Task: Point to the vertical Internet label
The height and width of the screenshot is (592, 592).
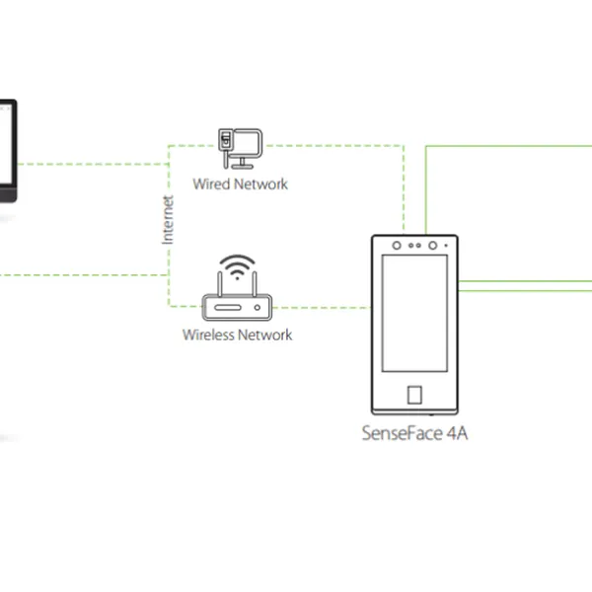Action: pyautogui.click(x=168, y=220)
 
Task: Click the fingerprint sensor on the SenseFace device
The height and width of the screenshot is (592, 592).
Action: pyautogui.click(x=414, y=395)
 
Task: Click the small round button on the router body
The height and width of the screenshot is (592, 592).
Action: pyautogui.click(x=258, y=310)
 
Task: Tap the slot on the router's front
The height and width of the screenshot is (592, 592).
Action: pyautogui.click(x=228, y=310)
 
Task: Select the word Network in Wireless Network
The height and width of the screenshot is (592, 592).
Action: pyautogui.click(x=266, y=334)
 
